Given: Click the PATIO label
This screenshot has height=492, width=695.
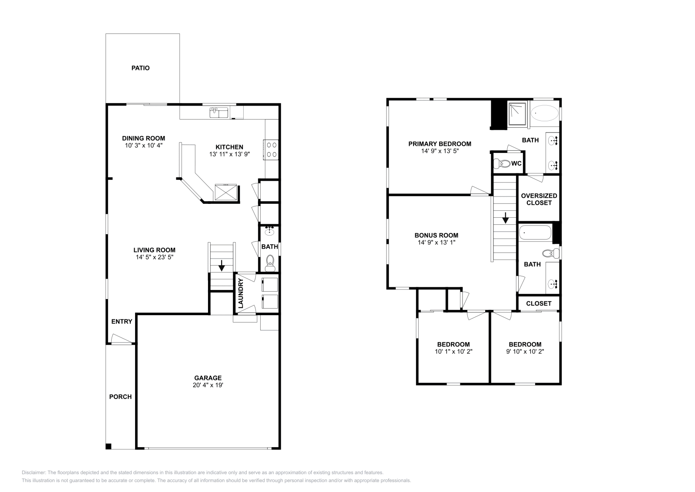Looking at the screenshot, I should point(140,68).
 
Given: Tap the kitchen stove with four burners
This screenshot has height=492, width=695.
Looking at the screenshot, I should point(271,150).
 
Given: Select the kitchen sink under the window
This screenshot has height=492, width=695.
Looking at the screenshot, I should point(219,113).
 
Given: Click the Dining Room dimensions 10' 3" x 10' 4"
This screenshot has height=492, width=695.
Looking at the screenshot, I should point(143,146).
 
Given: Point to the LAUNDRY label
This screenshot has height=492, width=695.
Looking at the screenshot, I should point(241,293).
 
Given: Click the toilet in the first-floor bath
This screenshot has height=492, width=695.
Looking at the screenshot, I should point(270,262).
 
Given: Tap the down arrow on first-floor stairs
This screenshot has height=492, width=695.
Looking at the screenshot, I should point(222,265).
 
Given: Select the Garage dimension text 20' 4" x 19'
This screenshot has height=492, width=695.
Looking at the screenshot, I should point(208,385).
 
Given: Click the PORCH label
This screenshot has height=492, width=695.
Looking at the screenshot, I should point(120,396).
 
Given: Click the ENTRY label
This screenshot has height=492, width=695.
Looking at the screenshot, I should point(122,322).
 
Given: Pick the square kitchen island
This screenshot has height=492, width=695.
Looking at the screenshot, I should point(226,192).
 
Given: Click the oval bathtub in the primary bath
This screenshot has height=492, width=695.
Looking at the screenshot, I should point(545,113).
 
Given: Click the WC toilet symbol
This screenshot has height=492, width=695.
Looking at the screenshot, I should point(503,164).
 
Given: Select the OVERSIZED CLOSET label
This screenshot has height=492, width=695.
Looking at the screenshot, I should point(539,199).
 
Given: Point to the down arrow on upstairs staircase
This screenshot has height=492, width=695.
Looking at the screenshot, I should point(505,218).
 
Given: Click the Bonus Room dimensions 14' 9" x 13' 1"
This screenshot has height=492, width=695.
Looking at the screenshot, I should point(436,243).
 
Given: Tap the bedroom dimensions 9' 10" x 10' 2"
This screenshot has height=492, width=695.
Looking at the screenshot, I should point(525,351).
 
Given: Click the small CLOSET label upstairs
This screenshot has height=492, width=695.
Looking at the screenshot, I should point(539,303).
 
